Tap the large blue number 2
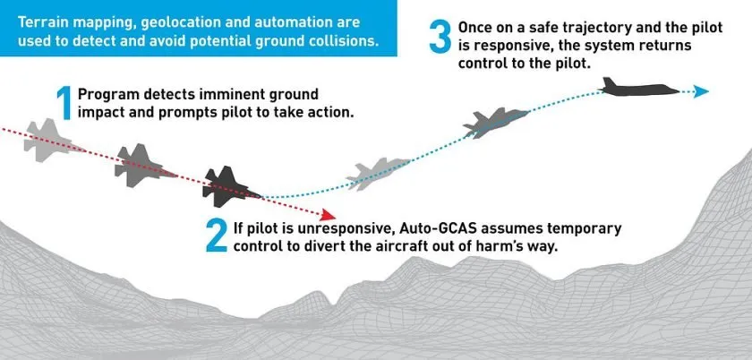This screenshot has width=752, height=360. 217,236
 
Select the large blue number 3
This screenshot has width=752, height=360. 440,37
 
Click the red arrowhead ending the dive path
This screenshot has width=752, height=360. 329,215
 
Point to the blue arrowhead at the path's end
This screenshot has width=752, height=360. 701,91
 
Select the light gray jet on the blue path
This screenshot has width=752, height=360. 378,173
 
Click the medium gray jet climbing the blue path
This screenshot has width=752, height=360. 495,123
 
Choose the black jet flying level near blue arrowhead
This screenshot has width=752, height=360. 639,87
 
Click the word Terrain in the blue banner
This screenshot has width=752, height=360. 40,22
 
